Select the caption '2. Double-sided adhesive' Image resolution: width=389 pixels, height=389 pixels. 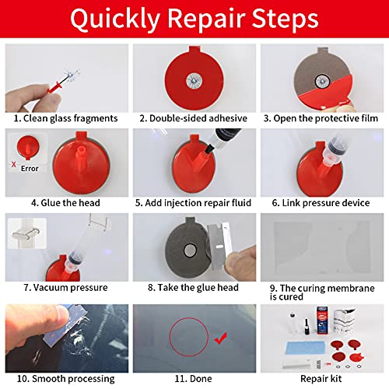click(192, 118)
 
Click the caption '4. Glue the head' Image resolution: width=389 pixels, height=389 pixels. click(66, 203)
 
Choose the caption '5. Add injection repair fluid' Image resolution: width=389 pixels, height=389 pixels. click(193, 203)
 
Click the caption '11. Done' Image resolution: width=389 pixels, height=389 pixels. click(192, 379)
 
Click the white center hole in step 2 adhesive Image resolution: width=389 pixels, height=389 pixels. click(192, 79)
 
